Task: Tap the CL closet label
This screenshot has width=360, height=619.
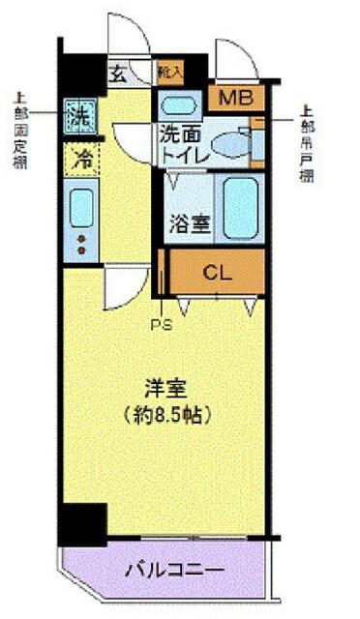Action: [218, 272]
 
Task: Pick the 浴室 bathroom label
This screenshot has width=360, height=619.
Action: [189, 222]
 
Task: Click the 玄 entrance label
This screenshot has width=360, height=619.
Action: [117, 73]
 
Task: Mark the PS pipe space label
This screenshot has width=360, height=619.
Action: [161, 325]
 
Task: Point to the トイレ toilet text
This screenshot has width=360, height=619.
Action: [182, 152]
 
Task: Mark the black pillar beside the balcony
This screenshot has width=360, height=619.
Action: [84, 525]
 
